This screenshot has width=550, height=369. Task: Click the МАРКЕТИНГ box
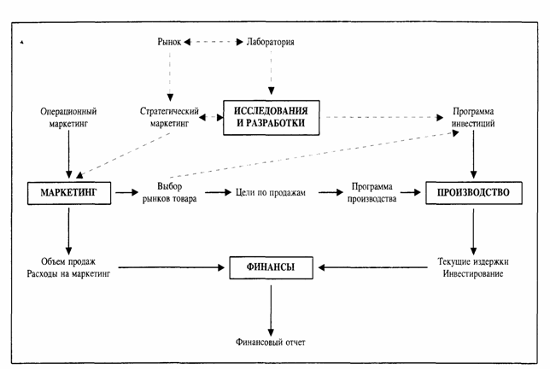click(69, 193)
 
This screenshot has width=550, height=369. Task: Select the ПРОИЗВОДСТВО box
click(473, 192)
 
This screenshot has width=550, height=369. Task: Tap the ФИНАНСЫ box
click(271, 267)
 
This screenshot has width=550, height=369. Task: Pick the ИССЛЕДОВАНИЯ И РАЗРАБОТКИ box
click(271, 118)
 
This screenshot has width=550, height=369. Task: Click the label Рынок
click(169, 42)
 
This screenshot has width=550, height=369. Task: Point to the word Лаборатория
click(271, 42)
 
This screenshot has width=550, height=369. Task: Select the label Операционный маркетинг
click(68, 118)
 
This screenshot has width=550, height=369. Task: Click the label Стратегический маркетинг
click(169, 117)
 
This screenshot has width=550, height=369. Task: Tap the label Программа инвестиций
click(473, 117)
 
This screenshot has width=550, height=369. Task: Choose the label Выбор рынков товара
click(169, 192)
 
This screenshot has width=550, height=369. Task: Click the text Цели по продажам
click(271, 192)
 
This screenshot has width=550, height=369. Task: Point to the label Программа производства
click(372, 192)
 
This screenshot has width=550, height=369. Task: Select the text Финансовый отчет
click(271, 342)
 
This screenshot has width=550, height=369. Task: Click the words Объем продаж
click(68, 261)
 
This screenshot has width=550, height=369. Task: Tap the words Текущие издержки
click(473, 261)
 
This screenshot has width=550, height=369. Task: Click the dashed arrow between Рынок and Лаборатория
click(214, 42)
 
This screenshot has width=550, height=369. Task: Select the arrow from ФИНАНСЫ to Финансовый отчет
click(271, 311)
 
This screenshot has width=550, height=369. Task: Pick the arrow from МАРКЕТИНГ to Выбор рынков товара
click(127, 192)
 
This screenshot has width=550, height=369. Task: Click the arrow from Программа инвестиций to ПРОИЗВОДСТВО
click(473, 155)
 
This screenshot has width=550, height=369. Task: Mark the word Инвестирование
click(473, 273)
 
